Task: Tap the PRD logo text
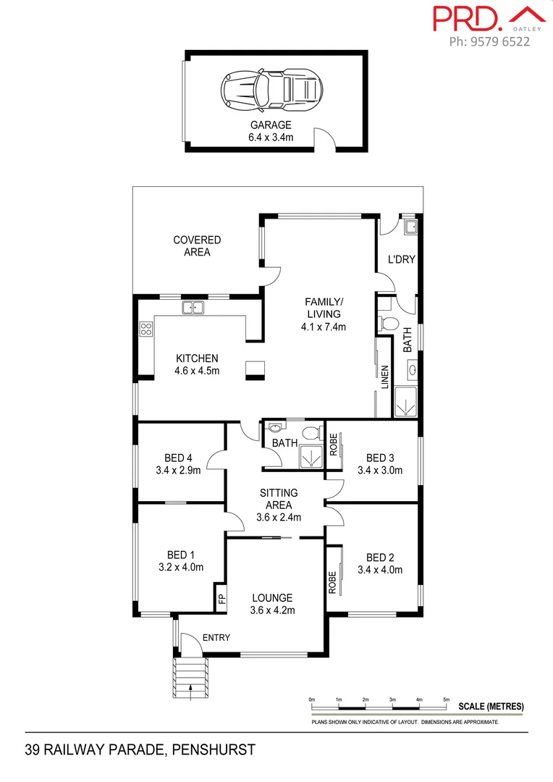468,18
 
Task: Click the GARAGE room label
271,125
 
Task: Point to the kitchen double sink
193,308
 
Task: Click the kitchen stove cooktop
145,329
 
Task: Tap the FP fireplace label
221,599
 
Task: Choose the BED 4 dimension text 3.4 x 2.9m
178,470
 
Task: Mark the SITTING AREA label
279,499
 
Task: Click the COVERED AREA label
197,246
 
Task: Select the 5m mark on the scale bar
447,699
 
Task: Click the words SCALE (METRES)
491,707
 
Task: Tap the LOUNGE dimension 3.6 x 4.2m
272,610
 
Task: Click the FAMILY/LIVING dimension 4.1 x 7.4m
324,327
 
